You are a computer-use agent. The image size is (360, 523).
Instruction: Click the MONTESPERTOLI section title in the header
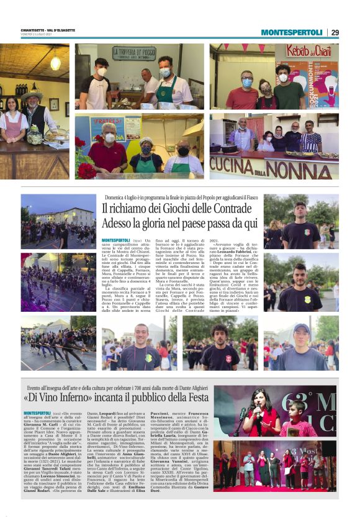point(291,32)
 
